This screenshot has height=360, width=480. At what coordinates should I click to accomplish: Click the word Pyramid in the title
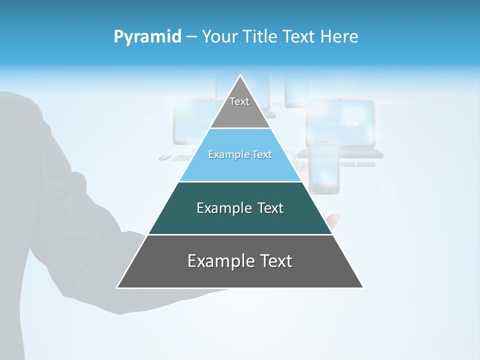pyautogui.click(x=147, y=37)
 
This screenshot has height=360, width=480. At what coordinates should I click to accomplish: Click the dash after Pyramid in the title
pyautogui.click(x=191, y=37)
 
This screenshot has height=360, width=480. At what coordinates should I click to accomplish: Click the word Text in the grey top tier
pyautogui.click(x=239, y=101)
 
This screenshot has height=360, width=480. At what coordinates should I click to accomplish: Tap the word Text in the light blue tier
pyautogui.click(x=262, y=155)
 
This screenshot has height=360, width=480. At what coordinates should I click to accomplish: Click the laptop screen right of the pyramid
pyautogui.click(x=340, y=123)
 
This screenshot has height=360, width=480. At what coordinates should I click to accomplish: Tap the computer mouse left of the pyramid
pyautogui.click(x=165, y=157)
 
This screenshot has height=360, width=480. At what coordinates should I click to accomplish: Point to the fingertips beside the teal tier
pyautogui.click(x=332, y=218)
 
